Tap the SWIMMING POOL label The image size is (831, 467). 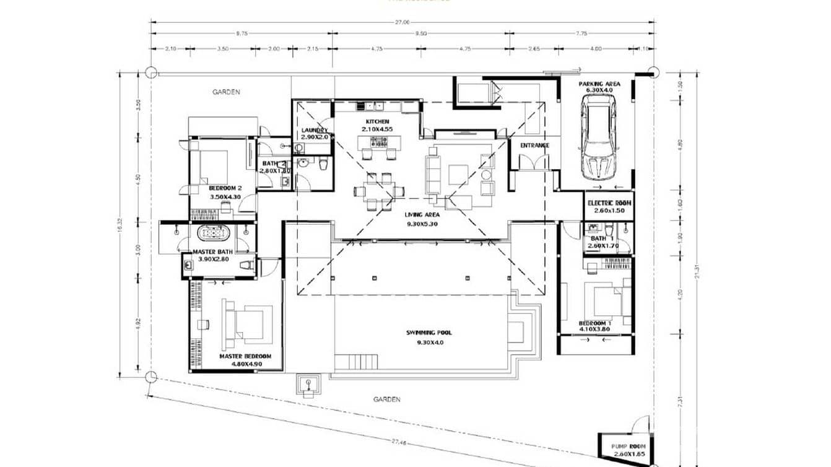[x=425, y=333]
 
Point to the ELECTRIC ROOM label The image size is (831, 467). [x=609, y=203]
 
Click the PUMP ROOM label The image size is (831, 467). [x=627, y=446]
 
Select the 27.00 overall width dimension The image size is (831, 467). [x=402, y=22]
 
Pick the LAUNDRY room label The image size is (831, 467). [x=314, y=131]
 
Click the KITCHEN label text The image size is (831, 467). [x=377, y=121]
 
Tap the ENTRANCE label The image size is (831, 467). [x=534, y=146]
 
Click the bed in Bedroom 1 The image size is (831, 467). [x=604, y=302]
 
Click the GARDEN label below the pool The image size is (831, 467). [x=386, y=399]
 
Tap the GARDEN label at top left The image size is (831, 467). [x=226, y=92]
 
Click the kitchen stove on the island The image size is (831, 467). [x=377, y=142]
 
